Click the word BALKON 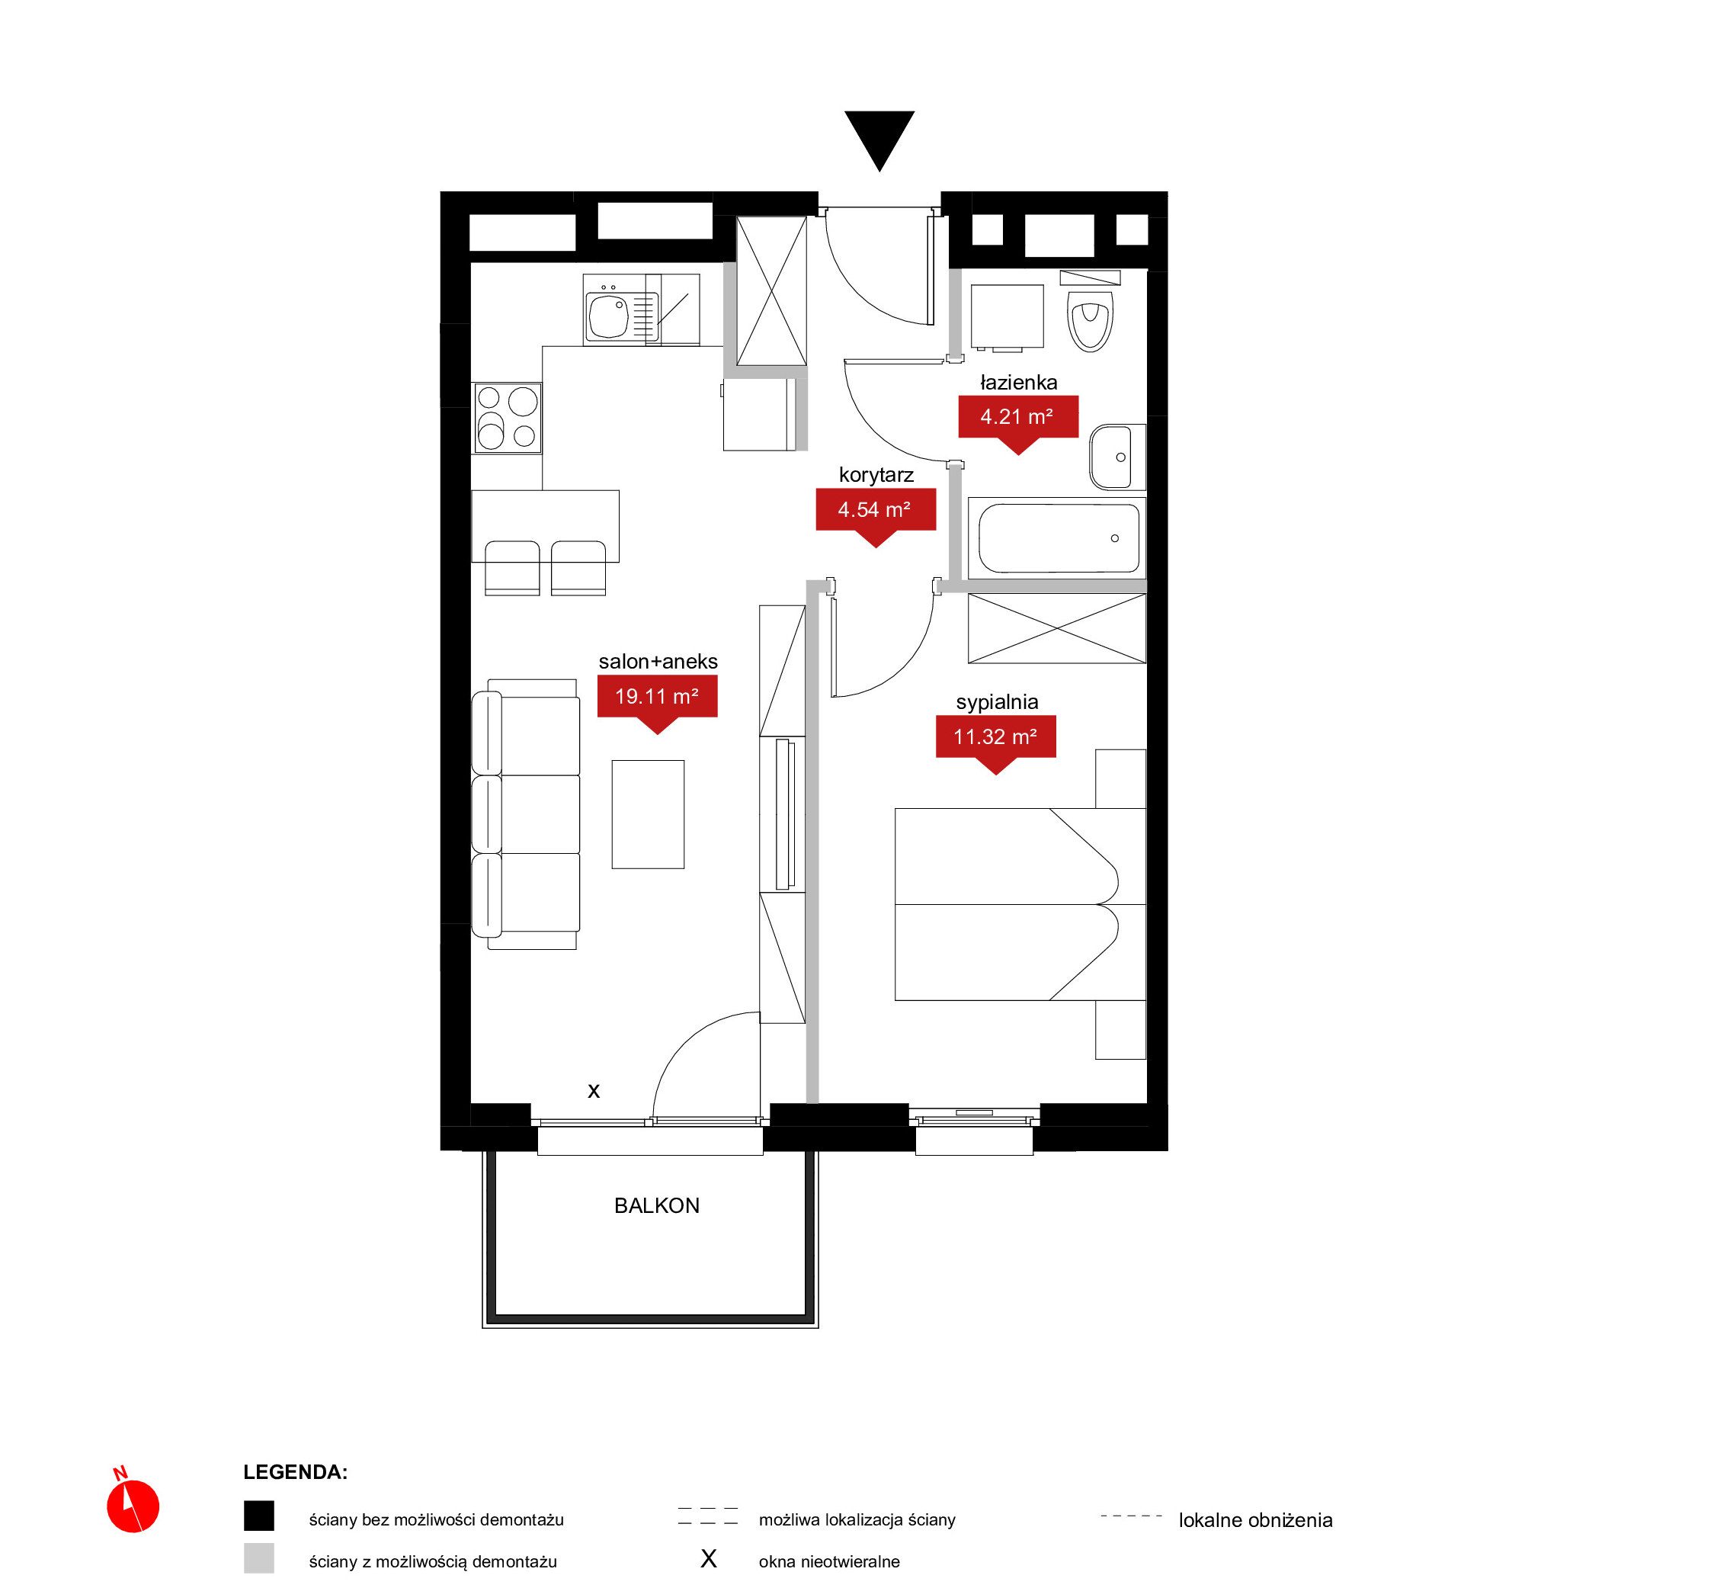(657, 1205)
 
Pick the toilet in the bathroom (1090, 316)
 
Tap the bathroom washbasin (1116, 457)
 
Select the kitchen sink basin (609, 316)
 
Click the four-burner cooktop (508, 419)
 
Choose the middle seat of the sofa (527, 815)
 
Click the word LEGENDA (296, 1472)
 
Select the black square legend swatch (258, 1516)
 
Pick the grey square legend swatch (258, 1558)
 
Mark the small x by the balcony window (594, 1091)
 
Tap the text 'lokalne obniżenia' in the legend (1255, 1520)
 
